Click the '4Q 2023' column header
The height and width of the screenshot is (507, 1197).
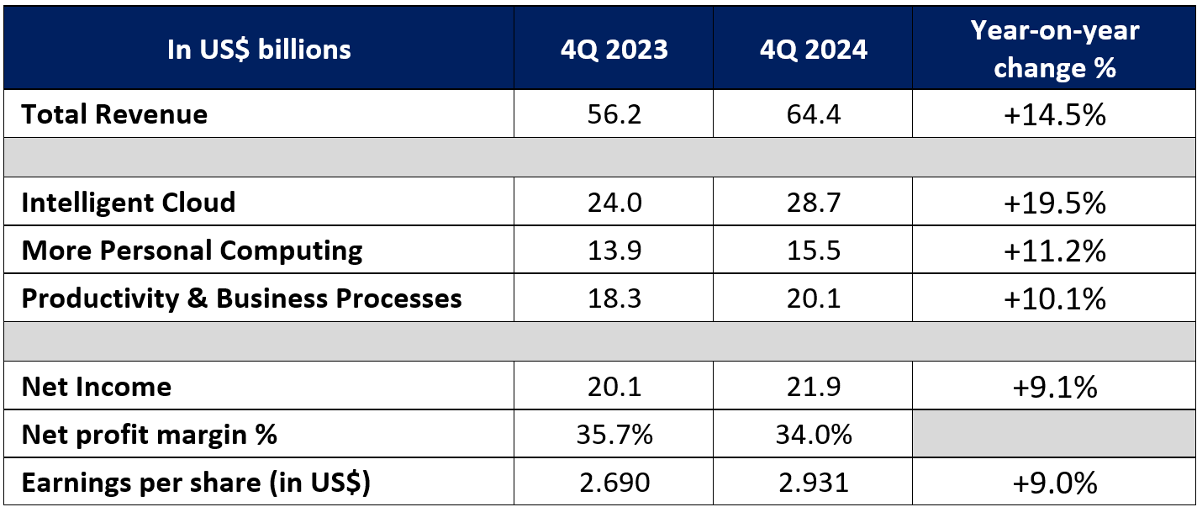click(x=614, y=50)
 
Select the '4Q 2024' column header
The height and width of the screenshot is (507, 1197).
click(x=812, y=50)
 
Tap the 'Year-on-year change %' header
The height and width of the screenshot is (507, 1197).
click(x=1054, y=49)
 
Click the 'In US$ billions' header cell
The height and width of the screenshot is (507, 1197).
click(x=259, y=50)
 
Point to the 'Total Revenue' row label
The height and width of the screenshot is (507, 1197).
click(x=114, y=114)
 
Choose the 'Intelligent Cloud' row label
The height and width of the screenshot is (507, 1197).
click(x=129, y=203)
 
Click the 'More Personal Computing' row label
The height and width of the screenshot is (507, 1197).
click(x=192, y=251)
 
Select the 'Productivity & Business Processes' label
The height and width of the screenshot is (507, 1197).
click(x=242, y=298)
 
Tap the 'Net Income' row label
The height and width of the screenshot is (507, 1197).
click(x=97, y=387)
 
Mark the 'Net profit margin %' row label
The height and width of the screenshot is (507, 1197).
click(x=150, y=435)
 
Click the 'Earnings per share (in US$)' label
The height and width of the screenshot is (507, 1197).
click(x=196, y=483)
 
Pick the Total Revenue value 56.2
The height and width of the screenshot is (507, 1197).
click(x=614, y=114)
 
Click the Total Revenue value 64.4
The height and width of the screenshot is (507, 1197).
click(x=812, y=114)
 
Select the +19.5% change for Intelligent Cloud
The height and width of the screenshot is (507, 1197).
click(x=1054, y=203)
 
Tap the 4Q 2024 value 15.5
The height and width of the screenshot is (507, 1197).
click(x=812, y=251)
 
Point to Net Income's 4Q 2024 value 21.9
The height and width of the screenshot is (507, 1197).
click(x=812, y=387)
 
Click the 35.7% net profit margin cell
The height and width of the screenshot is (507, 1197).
click(x=614, y=435)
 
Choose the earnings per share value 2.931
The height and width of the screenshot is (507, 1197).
click(x=812, y=483)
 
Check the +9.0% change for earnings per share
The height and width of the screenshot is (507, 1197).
click(x=1054, y=483)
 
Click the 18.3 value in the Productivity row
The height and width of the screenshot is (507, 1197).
click(x=614, y=298)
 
